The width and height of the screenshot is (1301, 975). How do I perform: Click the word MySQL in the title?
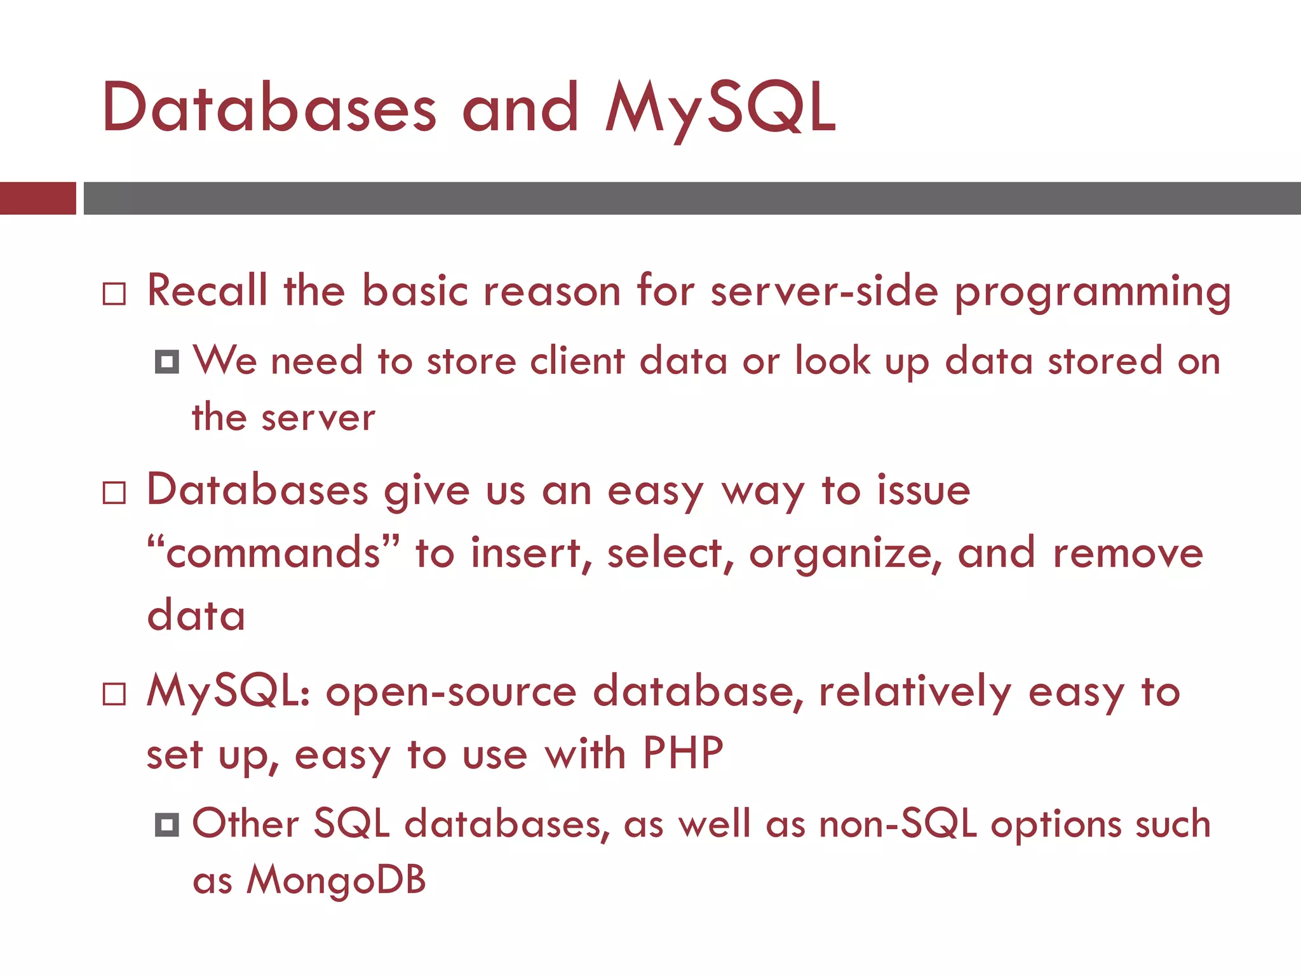click(720, 109)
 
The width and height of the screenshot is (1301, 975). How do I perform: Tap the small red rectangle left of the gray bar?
click(37, 198)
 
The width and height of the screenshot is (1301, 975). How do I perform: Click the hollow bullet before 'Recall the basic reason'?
click(114, 294)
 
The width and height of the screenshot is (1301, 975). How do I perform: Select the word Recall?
click(207, 291)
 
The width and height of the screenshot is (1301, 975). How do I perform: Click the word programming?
click(1093, 293)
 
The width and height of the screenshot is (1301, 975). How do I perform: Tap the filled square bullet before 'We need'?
click(167, 362)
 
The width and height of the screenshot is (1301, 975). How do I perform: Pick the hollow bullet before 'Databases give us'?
click(114, 493)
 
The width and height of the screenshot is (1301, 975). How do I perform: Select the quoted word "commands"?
click(274, 552)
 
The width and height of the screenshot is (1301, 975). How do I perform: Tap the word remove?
click(1128, 554)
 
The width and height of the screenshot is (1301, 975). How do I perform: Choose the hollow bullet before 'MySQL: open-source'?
click(114, 694)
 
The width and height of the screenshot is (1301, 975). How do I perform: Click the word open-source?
click(451, 692)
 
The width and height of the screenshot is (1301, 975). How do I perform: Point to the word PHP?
click(683, 753)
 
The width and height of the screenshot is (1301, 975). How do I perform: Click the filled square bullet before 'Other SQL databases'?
click(167, 825)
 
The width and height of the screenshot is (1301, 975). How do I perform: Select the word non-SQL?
click(898, 824)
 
